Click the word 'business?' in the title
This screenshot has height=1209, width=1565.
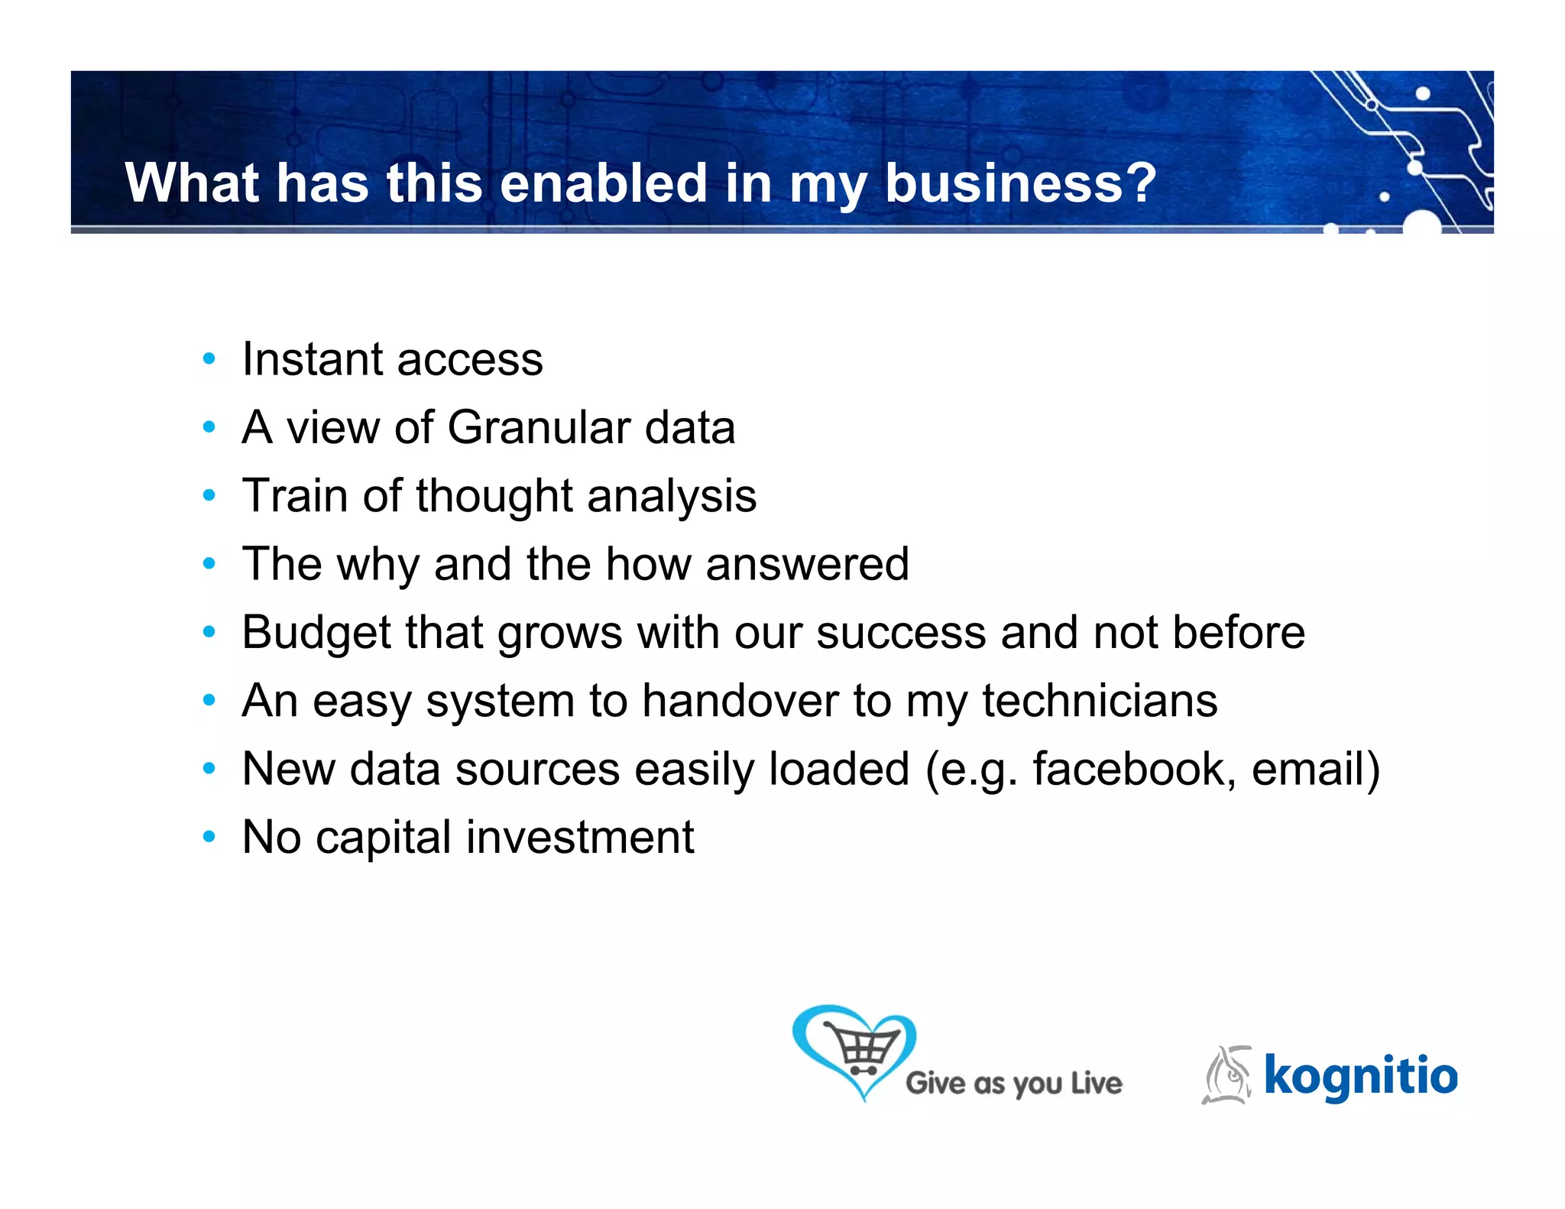(1020, 183)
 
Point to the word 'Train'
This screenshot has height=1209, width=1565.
(295, 495)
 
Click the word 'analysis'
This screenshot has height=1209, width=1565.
(672, 497)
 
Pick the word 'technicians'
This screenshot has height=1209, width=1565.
(1100, 701)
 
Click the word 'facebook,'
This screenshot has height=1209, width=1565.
(1134, 769)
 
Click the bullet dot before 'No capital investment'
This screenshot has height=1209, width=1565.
(209, 838)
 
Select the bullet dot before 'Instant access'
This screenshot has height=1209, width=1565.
(209, 359)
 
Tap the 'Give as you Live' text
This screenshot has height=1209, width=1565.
(1013, 1084)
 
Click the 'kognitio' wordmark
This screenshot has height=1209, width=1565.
(1360, 1077)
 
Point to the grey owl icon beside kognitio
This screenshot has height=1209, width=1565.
(1227, 1075)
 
